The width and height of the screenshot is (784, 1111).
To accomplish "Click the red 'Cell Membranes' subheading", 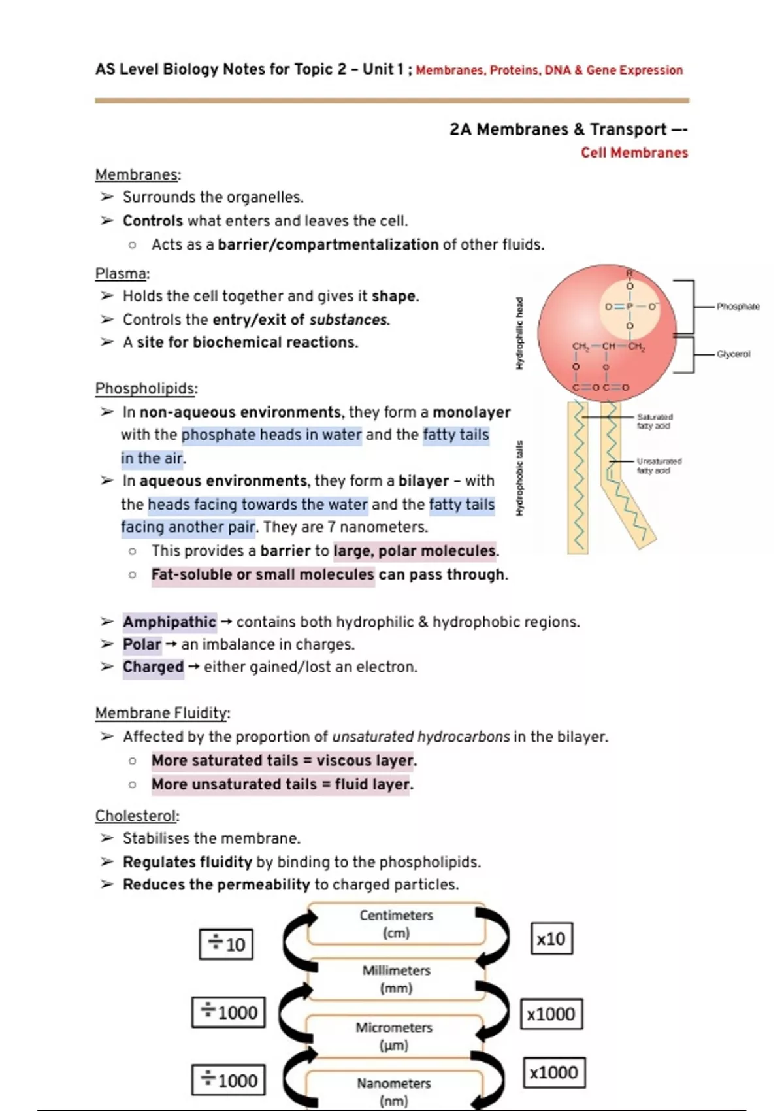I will point(634,152).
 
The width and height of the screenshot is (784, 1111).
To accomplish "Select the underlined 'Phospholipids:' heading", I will point(146,388).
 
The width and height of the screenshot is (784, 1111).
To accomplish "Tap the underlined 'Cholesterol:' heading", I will point(137,816).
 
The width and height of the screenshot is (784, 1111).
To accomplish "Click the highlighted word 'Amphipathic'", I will point(169,622).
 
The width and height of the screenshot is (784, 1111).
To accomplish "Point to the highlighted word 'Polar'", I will point(142,644).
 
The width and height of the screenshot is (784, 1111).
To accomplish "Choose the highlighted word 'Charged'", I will point(153,667).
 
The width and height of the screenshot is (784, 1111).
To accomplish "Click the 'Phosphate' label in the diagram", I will point(738,306).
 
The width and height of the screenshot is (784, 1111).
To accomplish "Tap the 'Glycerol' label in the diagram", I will point(733,354).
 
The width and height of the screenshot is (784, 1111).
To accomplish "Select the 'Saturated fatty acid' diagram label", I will point(654,421).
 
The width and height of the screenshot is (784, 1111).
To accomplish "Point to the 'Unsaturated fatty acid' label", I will point(659,465).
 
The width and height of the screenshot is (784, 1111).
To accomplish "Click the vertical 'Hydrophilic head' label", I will point(520,333).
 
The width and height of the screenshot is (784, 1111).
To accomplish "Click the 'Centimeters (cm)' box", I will point(396,923).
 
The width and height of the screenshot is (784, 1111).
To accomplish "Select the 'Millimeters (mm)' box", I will point(396,979).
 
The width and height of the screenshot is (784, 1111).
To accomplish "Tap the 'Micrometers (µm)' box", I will point(394,1036).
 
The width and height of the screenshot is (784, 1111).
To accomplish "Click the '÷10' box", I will point(226,944).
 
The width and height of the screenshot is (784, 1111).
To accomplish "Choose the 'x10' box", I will point(551,939).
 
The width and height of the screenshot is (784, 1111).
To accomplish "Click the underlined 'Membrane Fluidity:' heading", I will point(163,712).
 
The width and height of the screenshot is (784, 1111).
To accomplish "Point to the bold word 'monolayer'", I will point(472,412).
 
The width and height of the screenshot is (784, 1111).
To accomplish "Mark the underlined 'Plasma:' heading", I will point(122,273).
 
